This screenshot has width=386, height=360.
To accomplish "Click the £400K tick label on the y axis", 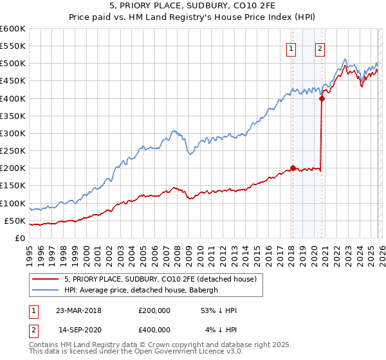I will pos(13,98).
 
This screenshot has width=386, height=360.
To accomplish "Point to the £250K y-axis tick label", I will pos(13,150).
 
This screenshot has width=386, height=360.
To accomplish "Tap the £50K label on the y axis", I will pos(15,221).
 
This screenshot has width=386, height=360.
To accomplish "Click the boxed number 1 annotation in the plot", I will pos(291,47).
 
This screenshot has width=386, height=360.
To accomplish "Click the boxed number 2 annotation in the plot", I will pos(320,47).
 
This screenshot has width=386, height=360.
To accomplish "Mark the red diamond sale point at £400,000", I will pos(322,98).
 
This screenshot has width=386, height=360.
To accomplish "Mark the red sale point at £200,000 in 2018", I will pos(293,168).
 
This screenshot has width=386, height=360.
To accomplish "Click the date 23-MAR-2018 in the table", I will pos(78,310).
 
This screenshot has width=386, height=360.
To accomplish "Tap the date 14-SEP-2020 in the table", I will pos(78,330).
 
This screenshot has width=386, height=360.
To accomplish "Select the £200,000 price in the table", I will pos(154,310).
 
